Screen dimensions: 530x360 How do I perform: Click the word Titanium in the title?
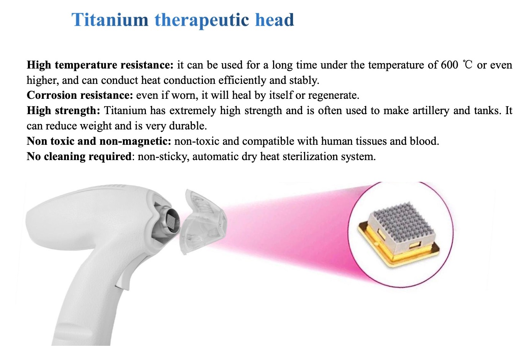(110, 20)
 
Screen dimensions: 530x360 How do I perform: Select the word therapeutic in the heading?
(202, 21)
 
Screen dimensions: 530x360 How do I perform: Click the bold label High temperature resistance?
(100, 65)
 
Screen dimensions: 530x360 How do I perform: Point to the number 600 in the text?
(449, 65)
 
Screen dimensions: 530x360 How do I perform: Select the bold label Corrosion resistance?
(80, 95)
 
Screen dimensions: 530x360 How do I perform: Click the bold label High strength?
(64, 111)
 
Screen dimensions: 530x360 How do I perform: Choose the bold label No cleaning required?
(79, 157)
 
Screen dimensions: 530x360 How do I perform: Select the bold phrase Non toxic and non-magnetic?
(99, 141)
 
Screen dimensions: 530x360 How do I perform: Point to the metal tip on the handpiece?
(168, 222)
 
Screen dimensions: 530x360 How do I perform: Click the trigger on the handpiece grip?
(123, 279)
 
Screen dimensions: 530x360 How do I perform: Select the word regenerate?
(334, 96)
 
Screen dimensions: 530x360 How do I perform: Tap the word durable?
(188, 126)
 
